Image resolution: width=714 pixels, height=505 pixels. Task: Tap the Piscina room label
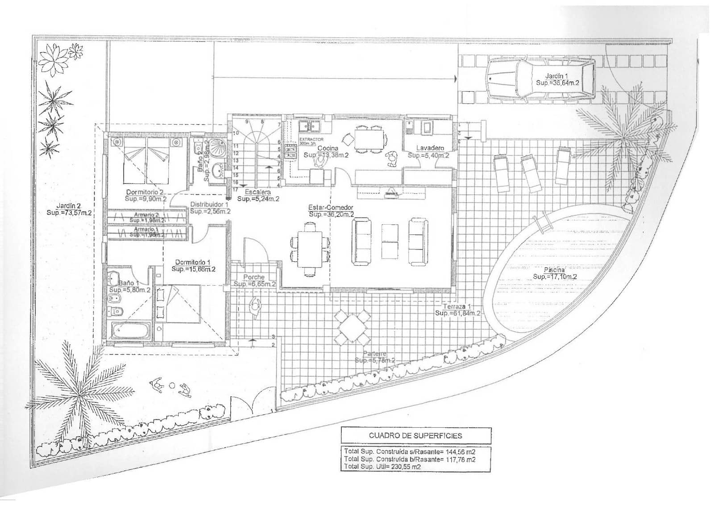click(x=554, y=270)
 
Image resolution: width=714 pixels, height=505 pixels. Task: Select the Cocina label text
click(x=328, y=148)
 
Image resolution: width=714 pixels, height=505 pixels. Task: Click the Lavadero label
click(x=430, y=148)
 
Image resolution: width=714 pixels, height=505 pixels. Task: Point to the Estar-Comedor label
click(x=331, y=208)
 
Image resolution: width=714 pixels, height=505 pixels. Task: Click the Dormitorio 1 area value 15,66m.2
click(x=193, y=269)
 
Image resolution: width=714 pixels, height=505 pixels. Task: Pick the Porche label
click(x=254, y=277)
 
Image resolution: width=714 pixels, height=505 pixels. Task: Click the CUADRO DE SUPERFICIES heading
click(x=415, y=435)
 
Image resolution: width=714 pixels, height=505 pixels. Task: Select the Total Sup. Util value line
click(x=382, y=467)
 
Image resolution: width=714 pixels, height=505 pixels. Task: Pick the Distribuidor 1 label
click(x=209, y=205)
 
